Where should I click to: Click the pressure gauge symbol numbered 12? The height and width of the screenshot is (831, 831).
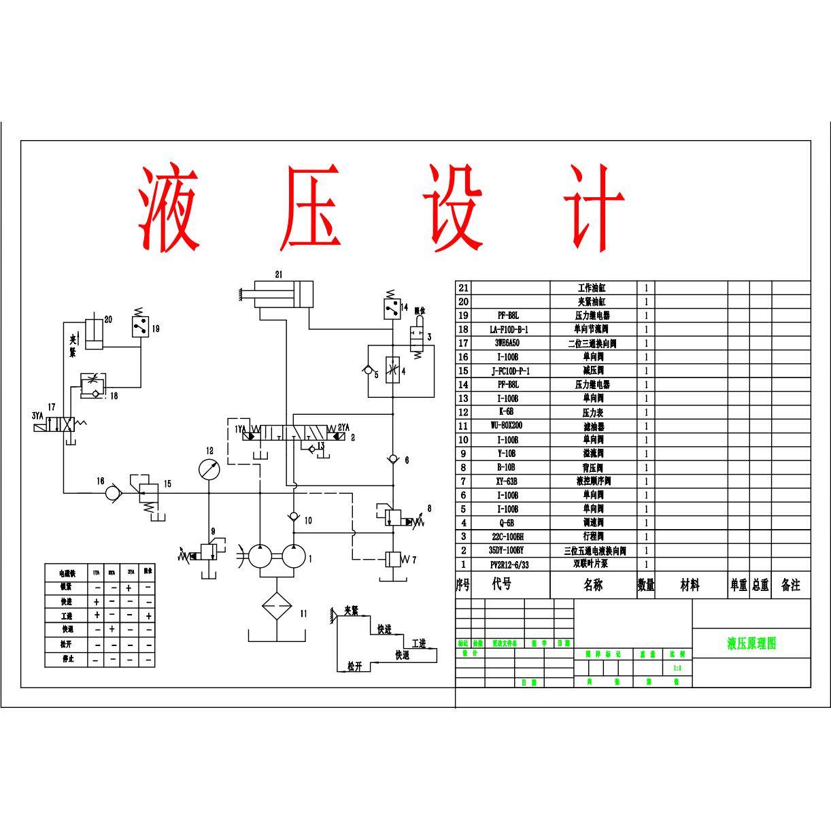pos(210,469)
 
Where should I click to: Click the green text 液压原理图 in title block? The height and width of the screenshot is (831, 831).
pos(751,643)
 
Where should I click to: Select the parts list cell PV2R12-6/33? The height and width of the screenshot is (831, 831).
pos(509,564)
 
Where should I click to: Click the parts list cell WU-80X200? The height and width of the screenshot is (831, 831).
pos(507,426)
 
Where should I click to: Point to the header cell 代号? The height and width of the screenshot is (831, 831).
pos(502,584)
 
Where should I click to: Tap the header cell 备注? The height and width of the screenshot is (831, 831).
pos(791,585)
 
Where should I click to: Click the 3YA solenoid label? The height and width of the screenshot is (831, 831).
pos(38,415)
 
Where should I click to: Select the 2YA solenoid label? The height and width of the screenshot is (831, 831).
pos(344,428)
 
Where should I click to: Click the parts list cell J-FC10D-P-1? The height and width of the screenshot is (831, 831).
pos(510,371)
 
